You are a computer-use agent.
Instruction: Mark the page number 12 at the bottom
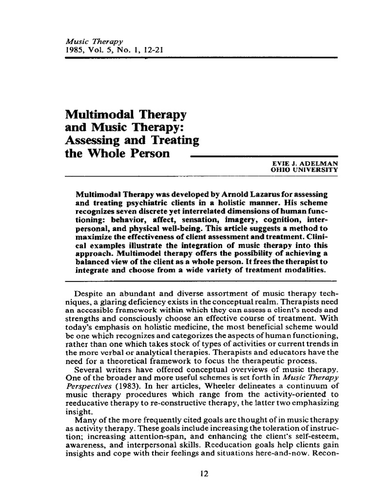[204, 474]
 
